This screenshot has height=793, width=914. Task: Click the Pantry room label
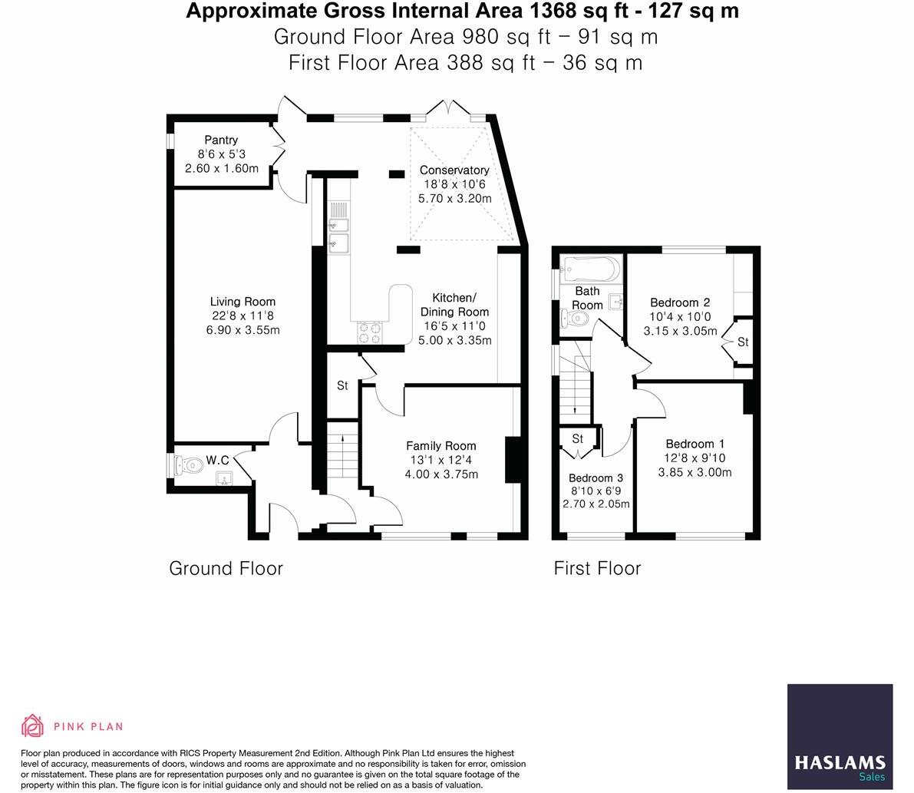pos(221,140)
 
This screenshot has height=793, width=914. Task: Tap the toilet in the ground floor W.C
pos(186,464)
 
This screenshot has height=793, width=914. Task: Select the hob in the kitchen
pos(370,332)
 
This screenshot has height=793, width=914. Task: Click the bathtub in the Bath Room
pos(590,269)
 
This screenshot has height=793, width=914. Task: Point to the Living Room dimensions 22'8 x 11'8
pos(243,316)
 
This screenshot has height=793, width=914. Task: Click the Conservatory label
pos(454,170)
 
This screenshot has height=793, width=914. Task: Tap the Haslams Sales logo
pos(840,736)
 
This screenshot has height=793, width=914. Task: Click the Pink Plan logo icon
pos(33,725)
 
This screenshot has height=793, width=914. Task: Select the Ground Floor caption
pos(226,568)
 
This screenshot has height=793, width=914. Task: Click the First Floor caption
pos(597,568)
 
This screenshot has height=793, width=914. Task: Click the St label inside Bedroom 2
pos(743,342)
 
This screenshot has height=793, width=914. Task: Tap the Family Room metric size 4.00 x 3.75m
pos(441,474)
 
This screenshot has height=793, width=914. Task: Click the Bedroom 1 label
pos(695,444)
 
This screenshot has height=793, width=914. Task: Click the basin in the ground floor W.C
pos(224,479)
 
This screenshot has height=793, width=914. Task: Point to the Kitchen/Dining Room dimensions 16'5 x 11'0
pos(454,326)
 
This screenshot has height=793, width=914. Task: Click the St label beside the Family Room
pos(342,385)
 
